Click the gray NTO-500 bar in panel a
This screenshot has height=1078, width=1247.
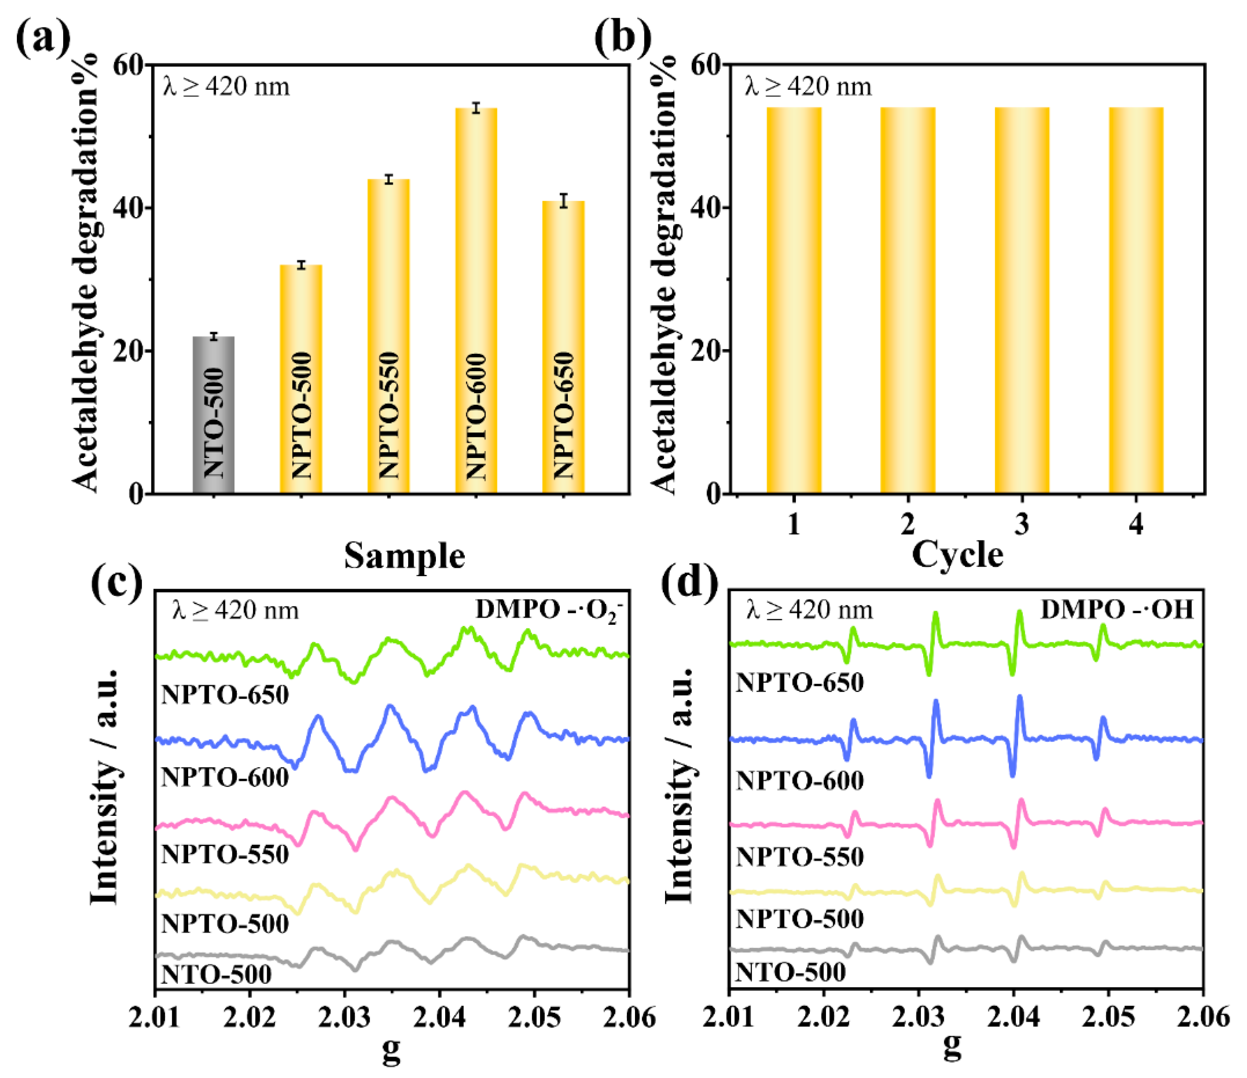(213, 415)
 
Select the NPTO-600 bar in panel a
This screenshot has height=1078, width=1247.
(476, 301)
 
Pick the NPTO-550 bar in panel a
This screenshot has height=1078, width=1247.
(388, 337)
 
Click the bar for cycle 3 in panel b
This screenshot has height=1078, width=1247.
(1022, 301)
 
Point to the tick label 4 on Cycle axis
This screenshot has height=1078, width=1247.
(1136, 525)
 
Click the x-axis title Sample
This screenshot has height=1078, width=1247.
(405, 556)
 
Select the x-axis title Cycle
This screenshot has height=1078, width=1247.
(957, 554)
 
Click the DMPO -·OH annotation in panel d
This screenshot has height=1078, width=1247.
(1117, 610)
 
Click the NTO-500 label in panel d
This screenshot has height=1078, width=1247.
(790, 972)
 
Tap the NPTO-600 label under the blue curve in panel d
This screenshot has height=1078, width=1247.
(800, 781)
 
